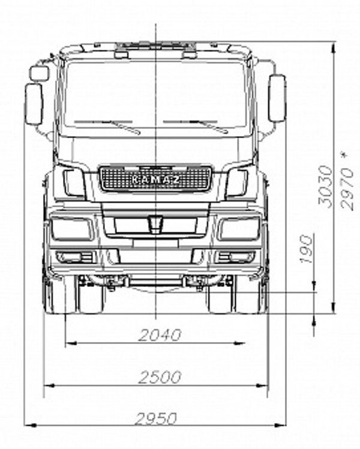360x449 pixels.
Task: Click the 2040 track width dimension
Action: point(160,335)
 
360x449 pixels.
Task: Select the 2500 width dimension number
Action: point(160,377)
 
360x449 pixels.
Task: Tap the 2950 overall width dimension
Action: point(156,419)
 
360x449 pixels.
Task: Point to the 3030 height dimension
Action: point(326,186)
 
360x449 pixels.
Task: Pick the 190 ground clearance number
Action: point(307,249)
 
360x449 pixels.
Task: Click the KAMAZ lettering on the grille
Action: point(156,180)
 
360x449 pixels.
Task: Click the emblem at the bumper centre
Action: point(155,223)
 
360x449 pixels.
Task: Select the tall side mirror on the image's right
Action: point(277,98)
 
